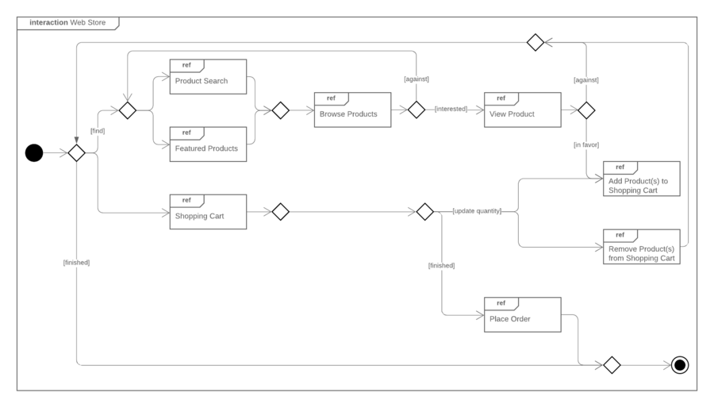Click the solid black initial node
pos(34,153)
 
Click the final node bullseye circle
pos(679,365)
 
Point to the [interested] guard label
pos(451,110)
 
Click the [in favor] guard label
pos(586,145)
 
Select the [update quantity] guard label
pos(477,211)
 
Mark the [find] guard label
pos(97,130)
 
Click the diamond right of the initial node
pos(76,153)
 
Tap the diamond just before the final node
pos(611,365)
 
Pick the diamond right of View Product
pos(586,110)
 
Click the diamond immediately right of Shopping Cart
pos(280,212)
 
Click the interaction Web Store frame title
pos(67,22)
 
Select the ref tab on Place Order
pos(501,303)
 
